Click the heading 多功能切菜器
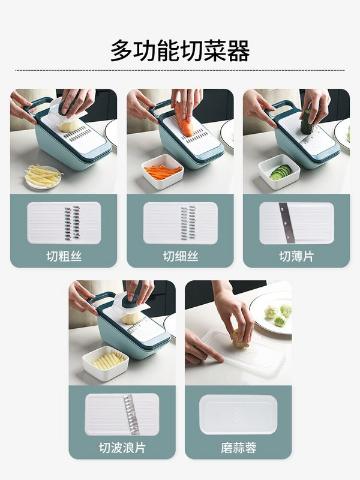point(180,50)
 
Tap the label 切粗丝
point(64,256)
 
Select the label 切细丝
point(181,256)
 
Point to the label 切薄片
point(296,256)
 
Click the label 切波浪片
point(122,448)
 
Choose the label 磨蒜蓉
point(238,448)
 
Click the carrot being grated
point(184,121)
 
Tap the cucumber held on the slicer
point(307,122)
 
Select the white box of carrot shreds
point(163,171)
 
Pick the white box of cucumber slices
point(279,172)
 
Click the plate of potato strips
point(43,177)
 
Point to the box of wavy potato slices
point(106,363)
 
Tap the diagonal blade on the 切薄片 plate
point(287,223)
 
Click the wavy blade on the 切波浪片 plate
point(131,414)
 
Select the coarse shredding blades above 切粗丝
point(73,223)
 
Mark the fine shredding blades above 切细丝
point(188,223)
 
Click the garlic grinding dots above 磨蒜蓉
point(239,414)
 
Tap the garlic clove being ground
point(240,338)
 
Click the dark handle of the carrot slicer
point(160,109)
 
